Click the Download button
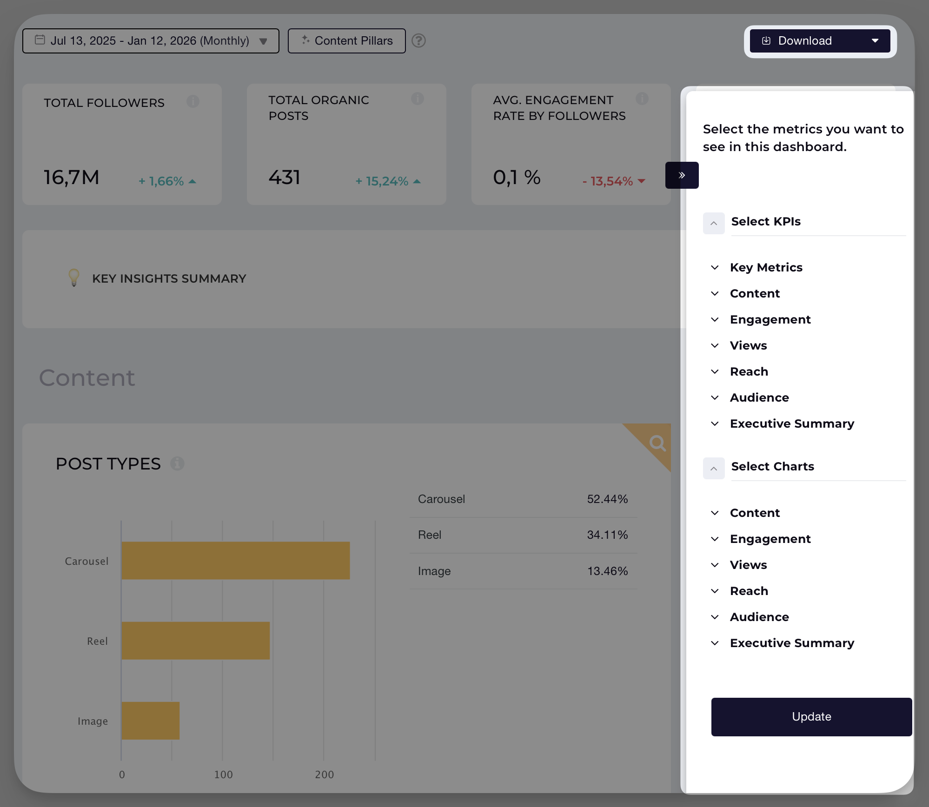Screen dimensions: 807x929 click(x=819, y=41)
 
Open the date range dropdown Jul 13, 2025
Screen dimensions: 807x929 click(x=151, y=41)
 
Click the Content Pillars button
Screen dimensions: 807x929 click(x=346, y=41)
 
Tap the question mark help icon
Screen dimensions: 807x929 click(x=418, y=41)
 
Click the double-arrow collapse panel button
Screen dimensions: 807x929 click(x=682, y=175)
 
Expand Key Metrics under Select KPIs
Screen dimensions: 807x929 click(x=766, y=267)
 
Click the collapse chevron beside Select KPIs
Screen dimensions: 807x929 click(x=713, y=223)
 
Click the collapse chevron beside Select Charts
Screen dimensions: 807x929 click(x=713, y=468)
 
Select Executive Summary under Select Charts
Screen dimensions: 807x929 click(x=791, y=643)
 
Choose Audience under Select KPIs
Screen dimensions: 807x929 click(x=759, y=397)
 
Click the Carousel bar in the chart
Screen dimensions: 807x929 click(x=235, y=560)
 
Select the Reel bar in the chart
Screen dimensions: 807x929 click(x=195, y=640)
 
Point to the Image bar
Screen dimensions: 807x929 click(x=150, y=721)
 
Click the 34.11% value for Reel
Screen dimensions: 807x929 click(x=607, y=535)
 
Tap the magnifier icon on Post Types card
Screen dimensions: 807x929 click(x=657, y=443)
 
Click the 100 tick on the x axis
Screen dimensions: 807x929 click(x=223, y=774)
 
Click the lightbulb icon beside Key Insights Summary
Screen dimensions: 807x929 click(x=73, y=278)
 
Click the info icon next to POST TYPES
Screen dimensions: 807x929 click(x=177, y=463)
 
